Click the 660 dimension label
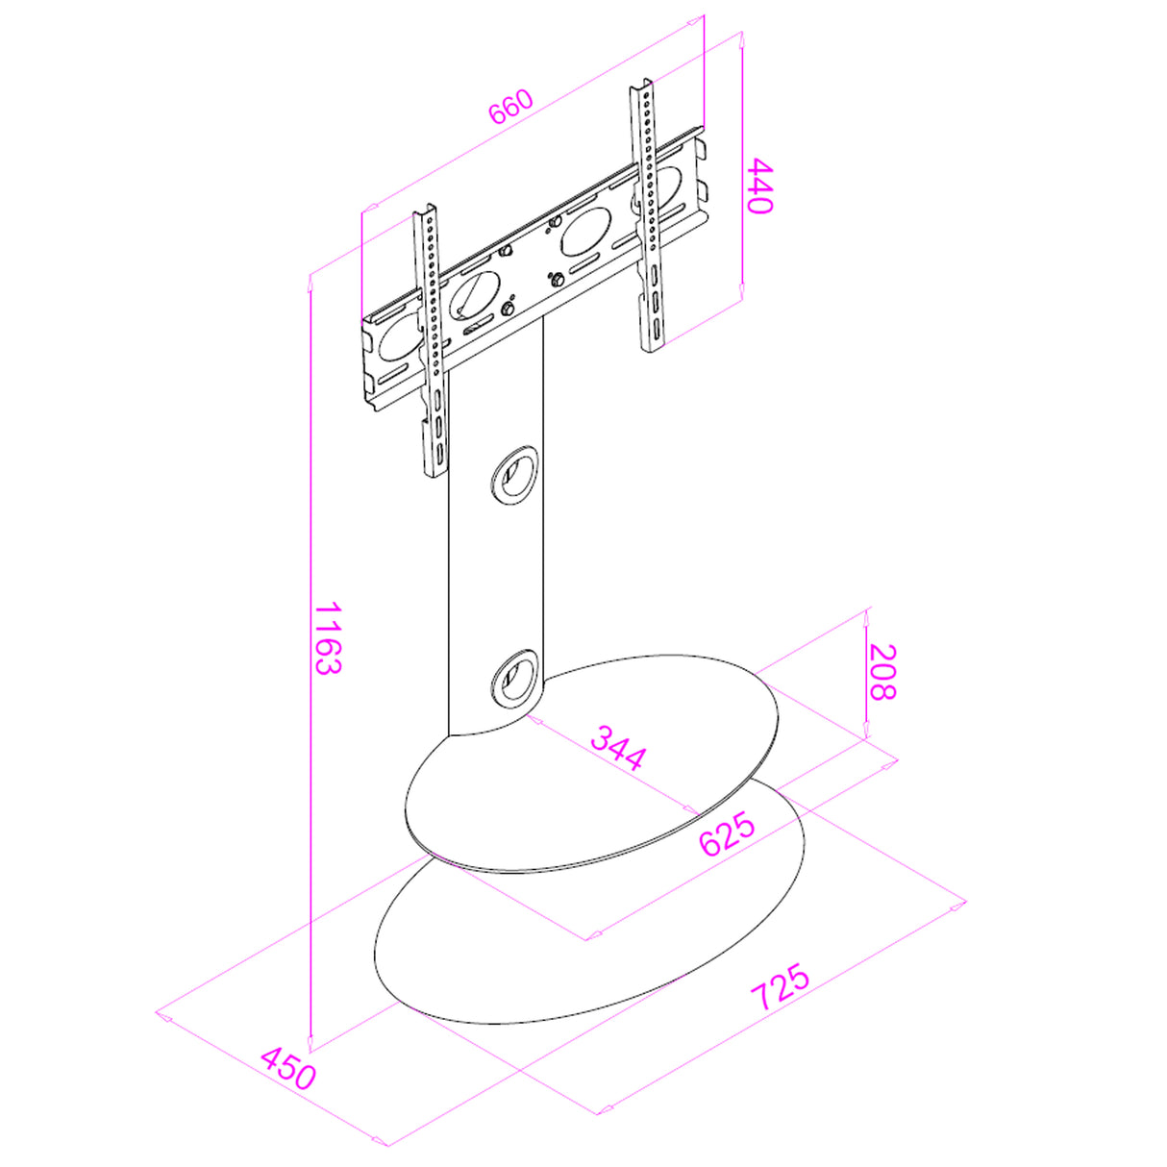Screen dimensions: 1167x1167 (511, 108)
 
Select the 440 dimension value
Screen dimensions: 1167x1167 (759, 186)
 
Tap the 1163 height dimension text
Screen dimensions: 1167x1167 (329, 638)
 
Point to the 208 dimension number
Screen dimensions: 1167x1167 (881, 672)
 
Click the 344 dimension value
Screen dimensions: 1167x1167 (619, 747)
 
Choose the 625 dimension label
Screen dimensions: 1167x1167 (728, 835)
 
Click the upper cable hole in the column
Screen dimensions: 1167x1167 (513, 476)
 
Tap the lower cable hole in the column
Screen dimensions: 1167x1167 (513, 679)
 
